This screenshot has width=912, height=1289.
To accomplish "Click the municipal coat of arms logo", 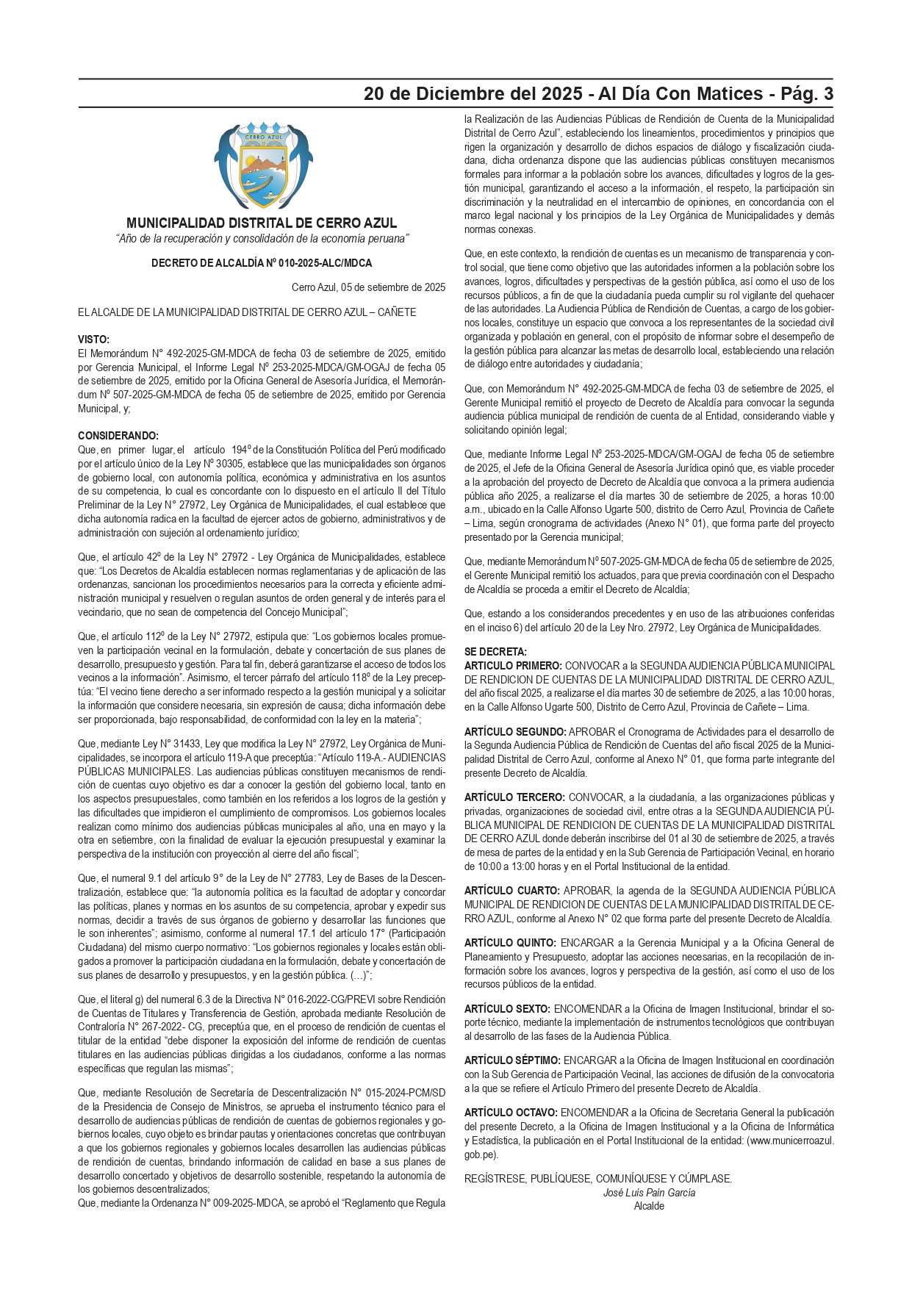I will (263, 167).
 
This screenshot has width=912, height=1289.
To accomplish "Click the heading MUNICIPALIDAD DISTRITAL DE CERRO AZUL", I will (262, 223).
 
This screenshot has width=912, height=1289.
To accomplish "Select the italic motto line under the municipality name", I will (262, 239).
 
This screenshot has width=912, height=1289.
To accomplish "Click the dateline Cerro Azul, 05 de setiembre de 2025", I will (368, 287).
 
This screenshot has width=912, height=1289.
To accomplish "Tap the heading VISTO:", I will (93, 340).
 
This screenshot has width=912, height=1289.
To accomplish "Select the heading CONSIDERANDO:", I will (118, 436).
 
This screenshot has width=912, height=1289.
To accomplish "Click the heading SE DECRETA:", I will (495, 652).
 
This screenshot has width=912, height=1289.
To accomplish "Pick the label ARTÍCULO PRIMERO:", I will (513, 666).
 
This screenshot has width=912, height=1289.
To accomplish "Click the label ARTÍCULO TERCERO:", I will (514, 797).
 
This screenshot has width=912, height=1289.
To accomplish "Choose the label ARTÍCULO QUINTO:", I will (510, 943).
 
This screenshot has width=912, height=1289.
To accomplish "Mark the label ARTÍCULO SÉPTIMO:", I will (512, 1060).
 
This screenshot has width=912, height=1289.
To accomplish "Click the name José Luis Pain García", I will (649, 1193).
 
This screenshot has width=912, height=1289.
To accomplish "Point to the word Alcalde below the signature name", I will (649, 1206).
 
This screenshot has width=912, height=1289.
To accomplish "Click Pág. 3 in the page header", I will (807, 94).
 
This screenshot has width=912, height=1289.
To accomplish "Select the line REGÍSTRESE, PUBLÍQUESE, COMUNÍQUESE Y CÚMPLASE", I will (597, 1179).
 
